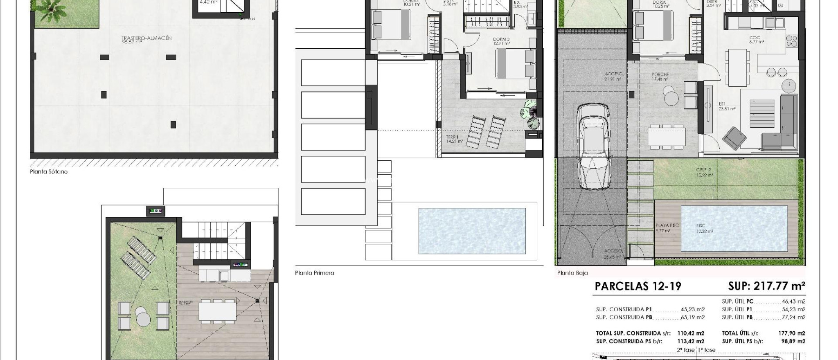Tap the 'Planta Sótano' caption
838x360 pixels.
point(49,172)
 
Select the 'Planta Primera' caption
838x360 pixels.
point(314,273)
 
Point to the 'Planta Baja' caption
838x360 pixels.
point(572,273)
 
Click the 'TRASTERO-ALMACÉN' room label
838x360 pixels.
point(146,38)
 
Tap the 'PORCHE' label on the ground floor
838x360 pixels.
point(660,74)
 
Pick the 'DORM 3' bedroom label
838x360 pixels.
point(501,40)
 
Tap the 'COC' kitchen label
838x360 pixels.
point(755,38)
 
